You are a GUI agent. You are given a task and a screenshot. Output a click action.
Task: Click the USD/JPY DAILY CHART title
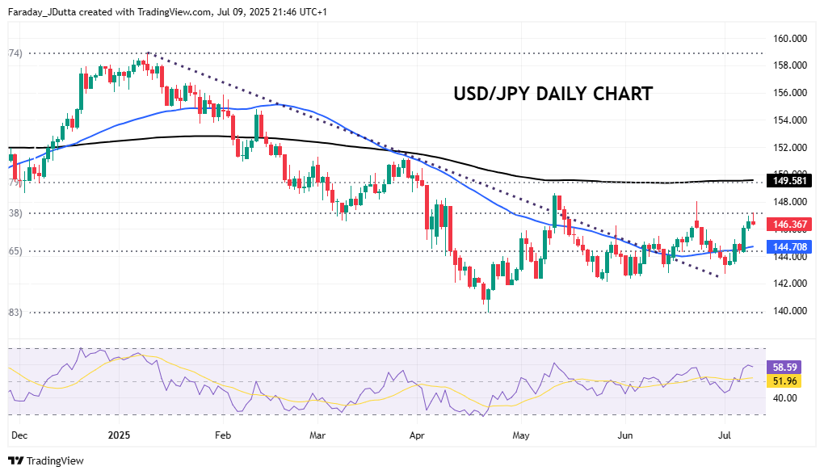(x=553, y=94)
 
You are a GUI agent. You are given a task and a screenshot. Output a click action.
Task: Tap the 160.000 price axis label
(x=791, y=38)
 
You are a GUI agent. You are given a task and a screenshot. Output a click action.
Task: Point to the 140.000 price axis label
(x=791, y=311)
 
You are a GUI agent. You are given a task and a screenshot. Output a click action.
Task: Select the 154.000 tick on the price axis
(x=791, y=120)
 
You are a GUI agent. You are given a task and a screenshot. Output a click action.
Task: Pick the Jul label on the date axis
(x=725, y=435)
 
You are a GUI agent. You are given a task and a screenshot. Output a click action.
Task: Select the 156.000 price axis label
(x=791, y=93)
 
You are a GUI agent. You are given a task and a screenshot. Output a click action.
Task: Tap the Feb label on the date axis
(x=223, y=435)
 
